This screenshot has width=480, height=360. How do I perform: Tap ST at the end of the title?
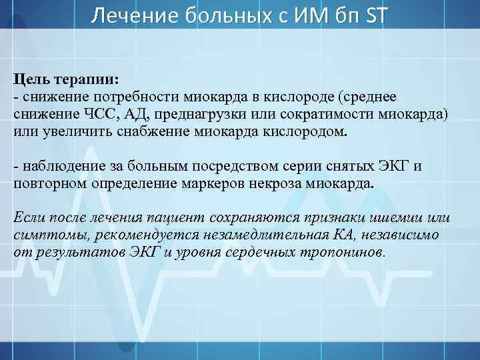(x=374, y=14)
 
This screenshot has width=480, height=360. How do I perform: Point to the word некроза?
(x=272, y=183)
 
